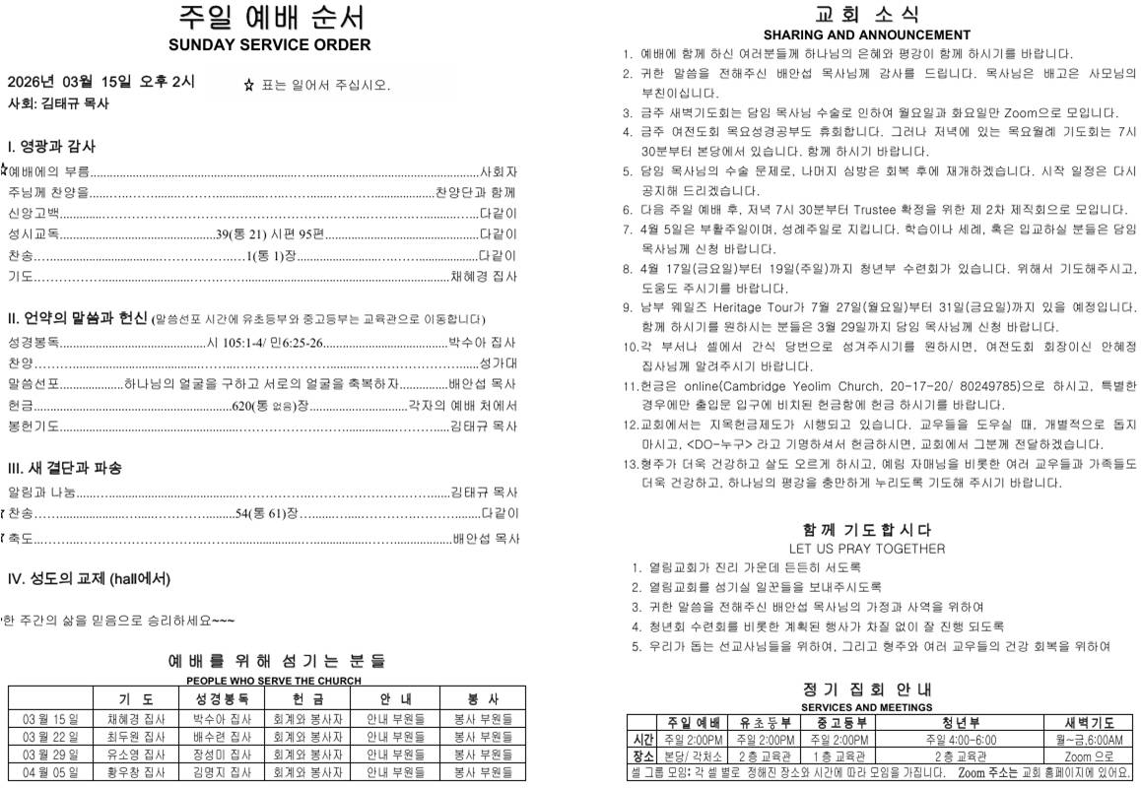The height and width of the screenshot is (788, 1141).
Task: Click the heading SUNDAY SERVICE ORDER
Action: click(x=269, y=45)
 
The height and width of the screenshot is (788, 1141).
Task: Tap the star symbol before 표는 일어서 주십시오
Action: click(x=249, y=86)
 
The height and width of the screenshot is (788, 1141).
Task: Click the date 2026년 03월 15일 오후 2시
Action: click(x=101, y=82)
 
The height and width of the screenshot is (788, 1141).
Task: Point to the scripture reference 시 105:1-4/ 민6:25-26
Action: click(x=265, y=343)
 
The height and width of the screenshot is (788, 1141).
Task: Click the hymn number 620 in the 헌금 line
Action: click(x=241, y=406)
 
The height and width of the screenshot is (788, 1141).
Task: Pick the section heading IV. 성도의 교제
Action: click(x=89, y=578)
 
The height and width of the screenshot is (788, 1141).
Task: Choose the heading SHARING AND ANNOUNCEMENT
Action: click(x=866, y=35)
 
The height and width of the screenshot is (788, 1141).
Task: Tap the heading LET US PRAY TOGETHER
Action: click(x=866, y=549)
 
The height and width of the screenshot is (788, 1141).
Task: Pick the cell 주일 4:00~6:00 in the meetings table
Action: click(x=961, y=740)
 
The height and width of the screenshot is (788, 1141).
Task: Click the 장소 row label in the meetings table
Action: click(x=641, y=756)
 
